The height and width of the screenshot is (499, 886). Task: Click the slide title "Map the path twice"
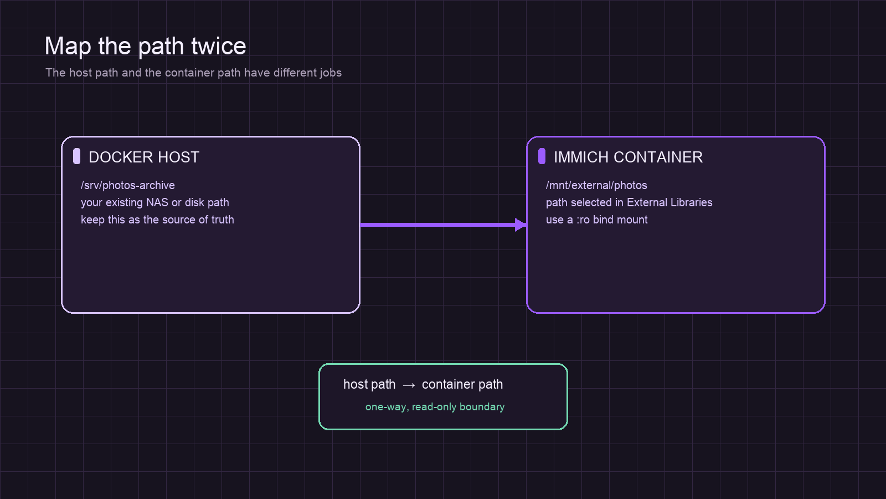tap(145, 47)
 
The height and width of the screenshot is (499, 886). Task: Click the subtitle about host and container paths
tap(193, 73)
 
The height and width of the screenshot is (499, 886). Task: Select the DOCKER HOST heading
tap(144, 157)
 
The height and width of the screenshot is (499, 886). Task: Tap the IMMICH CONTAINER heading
tap(628, 157)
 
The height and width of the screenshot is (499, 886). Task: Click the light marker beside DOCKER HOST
tap(77, 156)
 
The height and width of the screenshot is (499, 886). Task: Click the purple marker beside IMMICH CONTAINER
tap(542, 156)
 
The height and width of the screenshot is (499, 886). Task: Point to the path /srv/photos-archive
tap(128, 185)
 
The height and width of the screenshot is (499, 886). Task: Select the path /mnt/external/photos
tap(596, 185)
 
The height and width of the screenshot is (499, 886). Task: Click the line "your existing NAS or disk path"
tap(154, 203)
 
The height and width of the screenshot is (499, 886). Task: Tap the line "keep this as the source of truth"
tap(157, 220)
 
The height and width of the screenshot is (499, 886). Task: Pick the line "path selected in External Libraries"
tap(629, 203)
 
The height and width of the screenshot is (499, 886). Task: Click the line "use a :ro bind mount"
tap(596, 220)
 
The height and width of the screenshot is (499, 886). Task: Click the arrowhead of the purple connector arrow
tap(521, 225)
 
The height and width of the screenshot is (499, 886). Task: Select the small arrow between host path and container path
tap(409, 385)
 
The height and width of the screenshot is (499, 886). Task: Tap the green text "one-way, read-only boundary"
tap(435, 407)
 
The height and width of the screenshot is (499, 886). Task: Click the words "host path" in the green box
tap(369, 385)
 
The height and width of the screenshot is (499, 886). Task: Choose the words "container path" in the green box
tap(462, 385)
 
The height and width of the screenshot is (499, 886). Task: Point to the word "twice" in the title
tap(219, 46)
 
